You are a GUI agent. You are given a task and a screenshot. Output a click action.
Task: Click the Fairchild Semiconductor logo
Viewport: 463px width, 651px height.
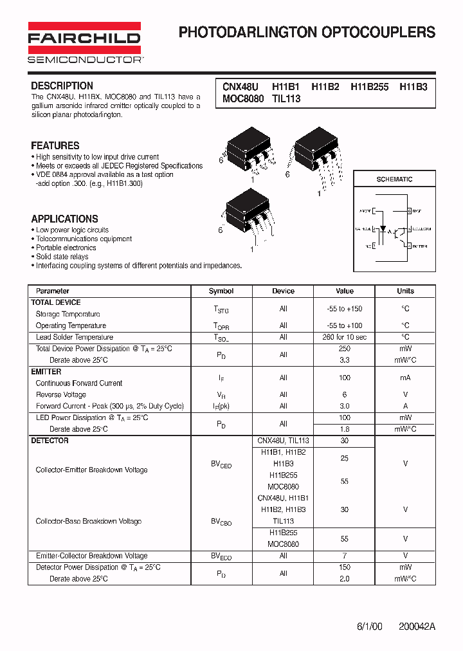click(84, 43)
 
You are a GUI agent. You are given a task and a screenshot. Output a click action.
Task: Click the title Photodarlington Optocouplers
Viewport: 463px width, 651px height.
click(307, 32)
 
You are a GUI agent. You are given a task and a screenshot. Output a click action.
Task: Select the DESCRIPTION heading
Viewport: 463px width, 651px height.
click(62, 86)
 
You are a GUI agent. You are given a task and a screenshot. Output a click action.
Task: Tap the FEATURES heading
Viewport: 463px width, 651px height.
click(55, 145)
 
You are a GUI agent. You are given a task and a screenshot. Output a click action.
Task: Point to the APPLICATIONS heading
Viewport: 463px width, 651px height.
click(64, 219)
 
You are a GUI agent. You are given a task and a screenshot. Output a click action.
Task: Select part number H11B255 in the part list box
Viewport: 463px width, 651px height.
click(369, 87)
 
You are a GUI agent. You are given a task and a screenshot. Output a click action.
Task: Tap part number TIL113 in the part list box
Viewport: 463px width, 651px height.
click(286, 99)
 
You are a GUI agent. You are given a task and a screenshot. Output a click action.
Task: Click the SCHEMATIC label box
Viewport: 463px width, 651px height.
click(394, 179)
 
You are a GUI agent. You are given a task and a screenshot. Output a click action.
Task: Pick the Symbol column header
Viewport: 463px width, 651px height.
click(221, 291)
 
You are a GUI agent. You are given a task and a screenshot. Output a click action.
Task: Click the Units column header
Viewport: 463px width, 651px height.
click(405, 291)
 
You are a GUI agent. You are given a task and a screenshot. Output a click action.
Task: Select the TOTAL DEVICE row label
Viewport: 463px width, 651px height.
click(56, 302)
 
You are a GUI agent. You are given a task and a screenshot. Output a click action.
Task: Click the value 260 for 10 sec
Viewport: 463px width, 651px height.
click(345, 337)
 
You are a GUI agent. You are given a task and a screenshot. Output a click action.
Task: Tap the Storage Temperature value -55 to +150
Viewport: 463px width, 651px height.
click(345, 309)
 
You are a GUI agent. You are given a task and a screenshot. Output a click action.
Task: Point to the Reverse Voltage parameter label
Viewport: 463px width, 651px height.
click(60, 395)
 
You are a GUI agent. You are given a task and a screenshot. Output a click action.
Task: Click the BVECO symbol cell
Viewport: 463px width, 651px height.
click(221, 556)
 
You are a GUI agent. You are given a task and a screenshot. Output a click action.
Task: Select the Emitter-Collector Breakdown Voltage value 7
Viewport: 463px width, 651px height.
click(345, 556)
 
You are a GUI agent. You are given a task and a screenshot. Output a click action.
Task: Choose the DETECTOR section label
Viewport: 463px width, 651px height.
click(50, 441)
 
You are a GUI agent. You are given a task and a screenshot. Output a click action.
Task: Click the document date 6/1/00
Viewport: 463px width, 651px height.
click(369, 627)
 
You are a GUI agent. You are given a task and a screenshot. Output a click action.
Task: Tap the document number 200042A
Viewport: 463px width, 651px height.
click(417, 627)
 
